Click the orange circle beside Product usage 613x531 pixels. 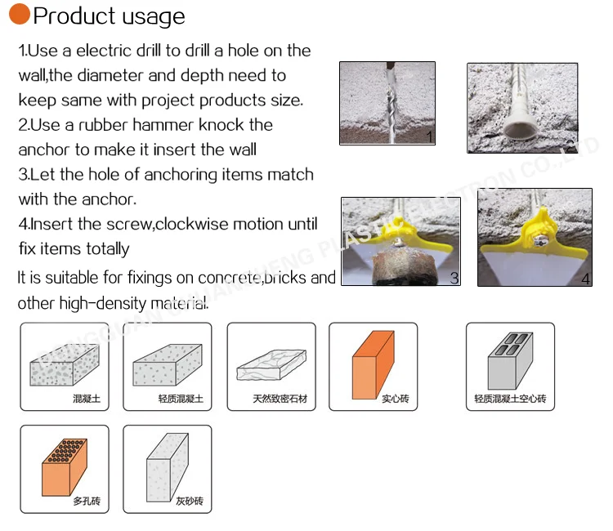[20, 14]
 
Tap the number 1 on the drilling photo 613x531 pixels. [429, 136]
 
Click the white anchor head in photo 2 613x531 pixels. [520, 127]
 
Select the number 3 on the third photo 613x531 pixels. [454, 279]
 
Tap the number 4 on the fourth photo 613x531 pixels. [586, 279]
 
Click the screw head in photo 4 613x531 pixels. [539, 241]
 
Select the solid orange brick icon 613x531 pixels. [373, 364]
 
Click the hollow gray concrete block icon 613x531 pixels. [510, 360]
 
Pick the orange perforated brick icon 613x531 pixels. [65, 467]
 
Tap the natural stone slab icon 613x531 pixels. [271, 365]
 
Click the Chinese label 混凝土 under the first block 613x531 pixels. [87, 399]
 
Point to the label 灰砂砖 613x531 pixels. [190, 501]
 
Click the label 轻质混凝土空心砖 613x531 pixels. [510, 399]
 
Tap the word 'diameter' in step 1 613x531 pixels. [110, 75]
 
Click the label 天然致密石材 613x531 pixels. [280, 399]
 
